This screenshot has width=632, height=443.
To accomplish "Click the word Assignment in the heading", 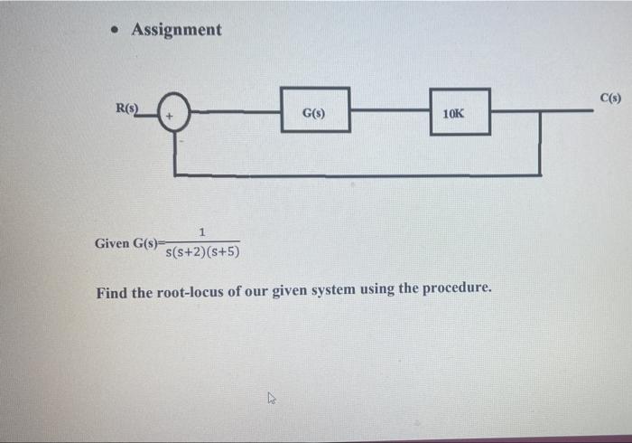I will coord(176,30).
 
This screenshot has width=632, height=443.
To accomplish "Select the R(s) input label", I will coord(128,109).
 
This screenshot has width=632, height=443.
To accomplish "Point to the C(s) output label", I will coord(610,97).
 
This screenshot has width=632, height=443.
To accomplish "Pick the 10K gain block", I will coord(460,112).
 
